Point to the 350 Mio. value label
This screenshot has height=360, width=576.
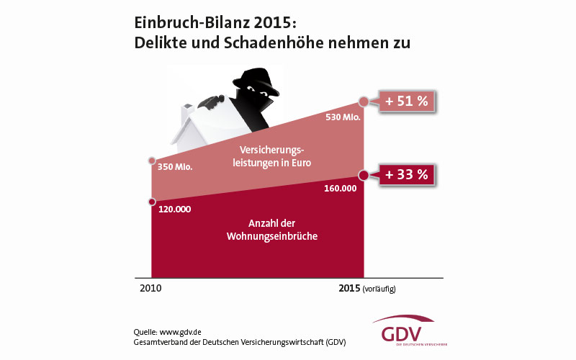pyautogui.click(x=175, y=168)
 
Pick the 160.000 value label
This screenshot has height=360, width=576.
pyautogui.click(x=341, y=189)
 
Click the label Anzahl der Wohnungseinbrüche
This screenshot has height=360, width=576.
pyautogui.click(x=257, y=230)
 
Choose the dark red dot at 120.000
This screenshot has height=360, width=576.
pyautogui.click(x=151, y=202)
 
